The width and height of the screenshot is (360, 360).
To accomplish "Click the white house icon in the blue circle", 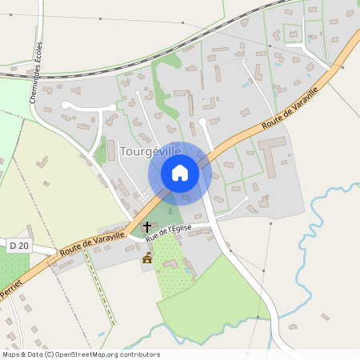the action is coord(180,173).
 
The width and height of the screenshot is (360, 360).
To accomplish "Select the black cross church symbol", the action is coord(147,227).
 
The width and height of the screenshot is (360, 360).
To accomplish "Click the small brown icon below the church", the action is coord(147,258).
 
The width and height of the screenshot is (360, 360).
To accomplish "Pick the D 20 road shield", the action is coord(18,244).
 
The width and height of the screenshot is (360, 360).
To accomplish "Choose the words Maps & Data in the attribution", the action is coord(22,354).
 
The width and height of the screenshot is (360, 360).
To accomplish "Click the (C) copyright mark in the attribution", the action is coord(49,354).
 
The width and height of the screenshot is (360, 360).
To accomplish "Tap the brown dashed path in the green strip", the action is coord(101,288).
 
